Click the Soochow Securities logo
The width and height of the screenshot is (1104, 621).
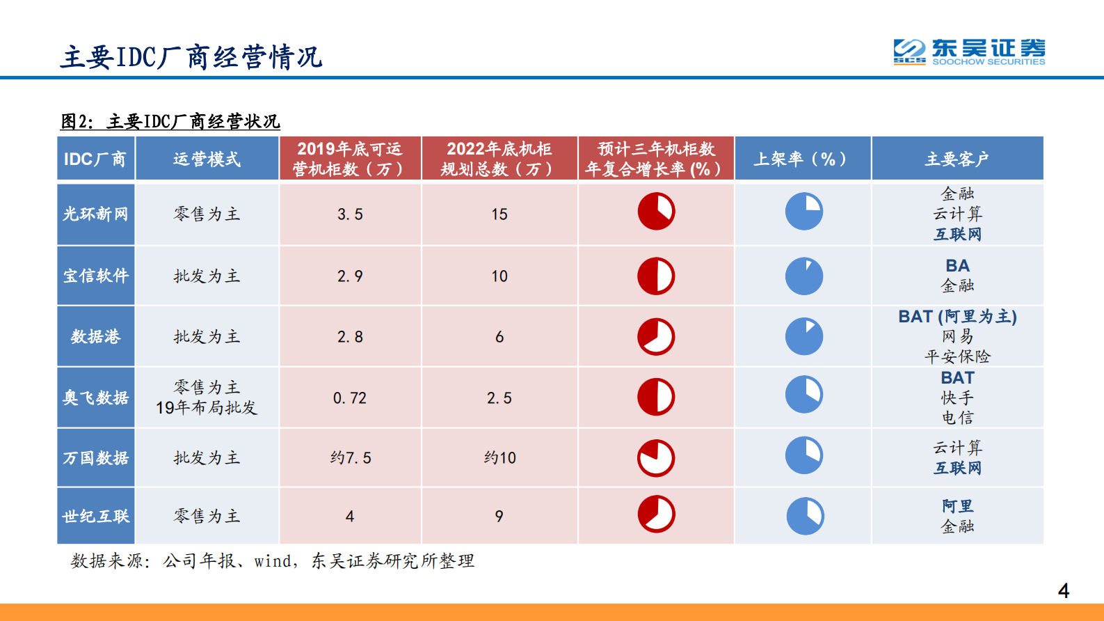[969, 52]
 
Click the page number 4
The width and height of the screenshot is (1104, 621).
[1063, 591]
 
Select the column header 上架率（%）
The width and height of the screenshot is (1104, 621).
[802, 159]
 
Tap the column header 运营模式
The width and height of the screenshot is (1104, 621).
[207, 159]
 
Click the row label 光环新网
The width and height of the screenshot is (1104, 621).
[96, 214]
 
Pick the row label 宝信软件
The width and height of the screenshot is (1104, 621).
[96, 276]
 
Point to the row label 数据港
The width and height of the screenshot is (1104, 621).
[96, 337]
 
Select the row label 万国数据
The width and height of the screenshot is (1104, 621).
[96, 458]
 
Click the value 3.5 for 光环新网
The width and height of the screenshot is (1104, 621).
[350, 214]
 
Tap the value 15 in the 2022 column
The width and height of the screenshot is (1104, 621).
[499, 214]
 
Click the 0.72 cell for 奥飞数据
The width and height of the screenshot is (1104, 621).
[350, 398]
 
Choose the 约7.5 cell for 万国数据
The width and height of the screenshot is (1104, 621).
[351, 458]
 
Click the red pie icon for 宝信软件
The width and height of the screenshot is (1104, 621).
[656, 276]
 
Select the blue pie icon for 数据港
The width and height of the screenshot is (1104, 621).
[804, 337]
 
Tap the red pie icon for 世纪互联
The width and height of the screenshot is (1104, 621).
[656, 514]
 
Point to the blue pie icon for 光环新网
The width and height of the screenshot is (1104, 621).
[804, 212]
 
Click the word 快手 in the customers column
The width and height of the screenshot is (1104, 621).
[957, 398]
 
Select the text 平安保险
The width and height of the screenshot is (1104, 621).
[957, 356]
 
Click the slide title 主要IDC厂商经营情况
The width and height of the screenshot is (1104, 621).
[191, 57]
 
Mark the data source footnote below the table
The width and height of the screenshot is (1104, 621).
[272, 561]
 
